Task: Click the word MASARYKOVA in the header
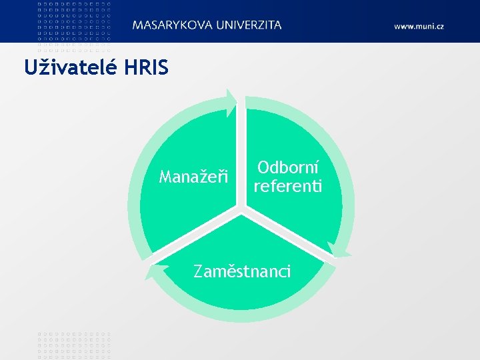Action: (x=170, y=25)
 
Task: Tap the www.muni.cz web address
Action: (x=419, y=26)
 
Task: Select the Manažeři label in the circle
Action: (x=193, y=177)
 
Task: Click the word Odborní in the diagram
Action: (x=287, y=167)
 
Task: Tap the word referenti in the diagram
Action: (x=287, y=185)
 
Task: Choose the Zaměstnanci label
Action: (x=241, y=271)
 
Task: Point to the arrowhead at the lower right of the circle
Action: (x=339, y=249)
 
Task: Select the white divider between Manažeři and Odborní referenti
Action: (x=241, y=153)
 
